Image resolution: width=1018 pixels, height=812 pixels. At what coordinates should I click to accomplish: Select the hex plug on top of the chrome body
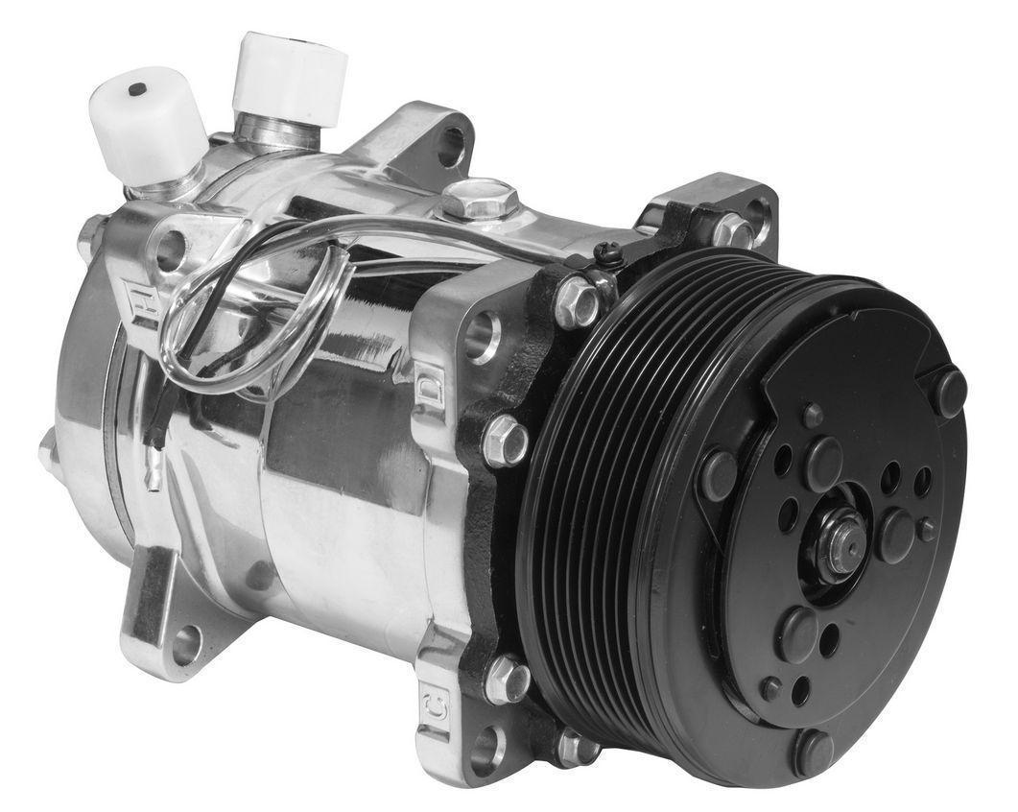pos(480,200)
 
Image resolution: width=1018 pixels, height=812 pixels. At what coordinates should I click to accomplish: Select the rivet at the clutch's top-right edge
pos(949,393)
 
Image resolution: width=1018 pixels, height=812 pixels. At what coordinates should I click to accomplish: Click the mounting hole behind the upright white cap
pos(450,145)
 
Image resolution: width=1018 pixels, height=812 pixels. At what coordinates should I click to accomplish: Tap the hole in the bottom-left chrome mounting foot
pos(185,645)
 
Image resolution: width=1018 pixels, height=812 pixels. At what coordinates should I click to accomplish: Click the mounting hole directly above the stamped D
pos(483,333)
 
